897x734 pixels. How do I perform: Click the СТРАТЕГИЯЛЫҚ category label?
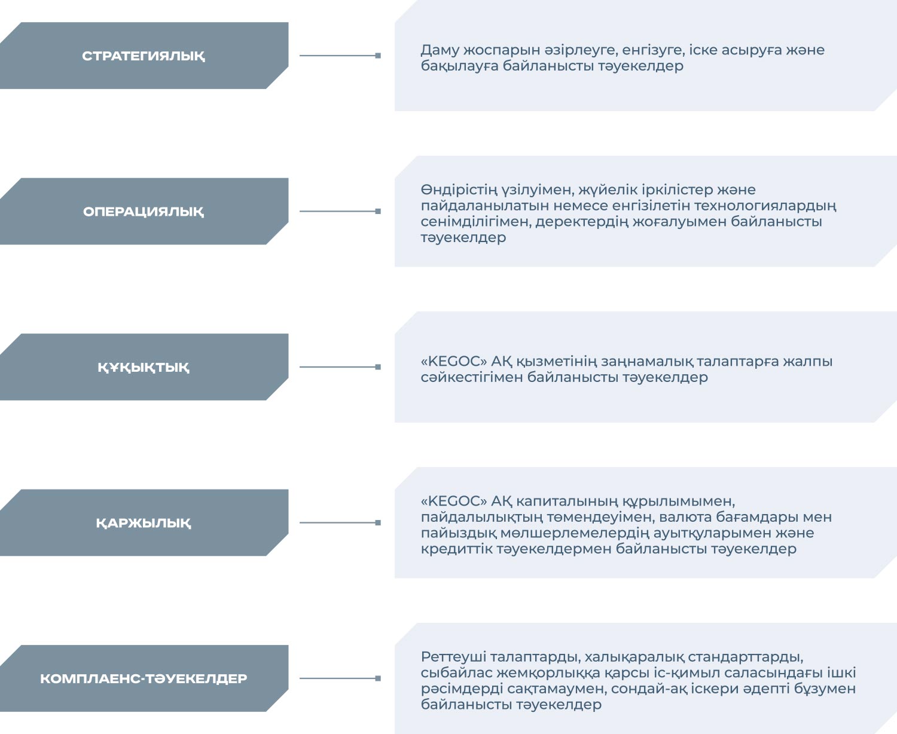pyautogui.click(x=144, y=56)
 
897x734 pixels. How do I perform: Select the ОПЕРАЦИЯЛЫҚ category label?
pyautogui.click(x=144, y=212)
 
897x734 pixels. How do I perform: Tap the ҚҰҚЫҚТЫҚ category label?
pyautogui.click(x=144, y=368)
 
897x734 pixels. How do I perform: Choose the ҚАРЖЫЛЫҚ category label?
pyautogui.click(x=144, y=523)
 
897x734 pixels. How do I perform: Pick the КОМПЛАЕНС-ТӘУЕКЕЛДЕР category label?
pyautogui.click(x=144, y=679)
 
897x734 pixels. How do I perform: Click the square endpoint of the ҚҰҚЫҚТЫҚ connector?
pyautogui.click(x=378, y=367)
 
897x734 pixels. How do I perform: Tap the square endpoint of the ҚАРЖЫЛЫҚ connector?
pyautogui.click(x=378, y=522)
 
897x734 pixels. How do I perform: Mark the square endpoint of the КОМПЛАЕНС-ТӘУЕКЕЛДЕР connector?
pyautogui.click(x=378, y=678)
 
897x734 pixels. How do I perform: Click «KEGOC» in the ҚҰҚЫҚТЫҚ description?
pyautogui.click(x=453, y=362)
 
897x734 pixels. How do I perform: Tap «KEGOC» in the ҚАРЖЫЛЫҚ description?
pyautogui.click(x=453, y=501)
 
